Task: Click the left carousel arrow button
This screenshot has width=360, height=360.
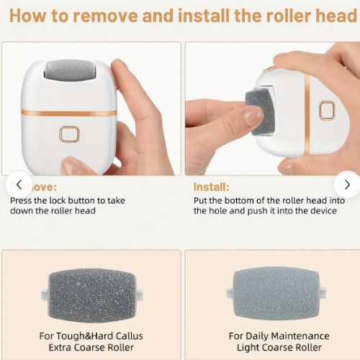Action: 19,185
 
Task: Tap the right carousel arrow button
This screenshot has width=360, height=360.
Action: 346,185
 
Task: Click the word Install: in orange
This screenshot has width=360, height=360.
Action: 211,186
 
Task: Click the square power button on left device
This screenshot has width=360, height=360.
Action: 70,134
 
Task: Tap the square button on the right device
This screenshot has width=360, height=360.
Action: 326,110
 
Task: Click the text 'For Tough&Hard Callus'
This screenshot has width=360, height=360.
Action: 91,336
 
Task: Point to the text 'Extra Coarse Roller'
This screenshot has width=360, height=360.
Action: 91,348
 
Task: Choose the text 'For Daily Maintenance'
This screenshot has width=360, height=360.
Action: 279,336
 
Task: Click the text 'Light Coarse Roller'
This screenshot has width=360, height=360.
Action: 279,348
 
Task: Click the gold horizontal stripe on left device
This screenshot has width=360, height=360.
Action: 68,113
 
